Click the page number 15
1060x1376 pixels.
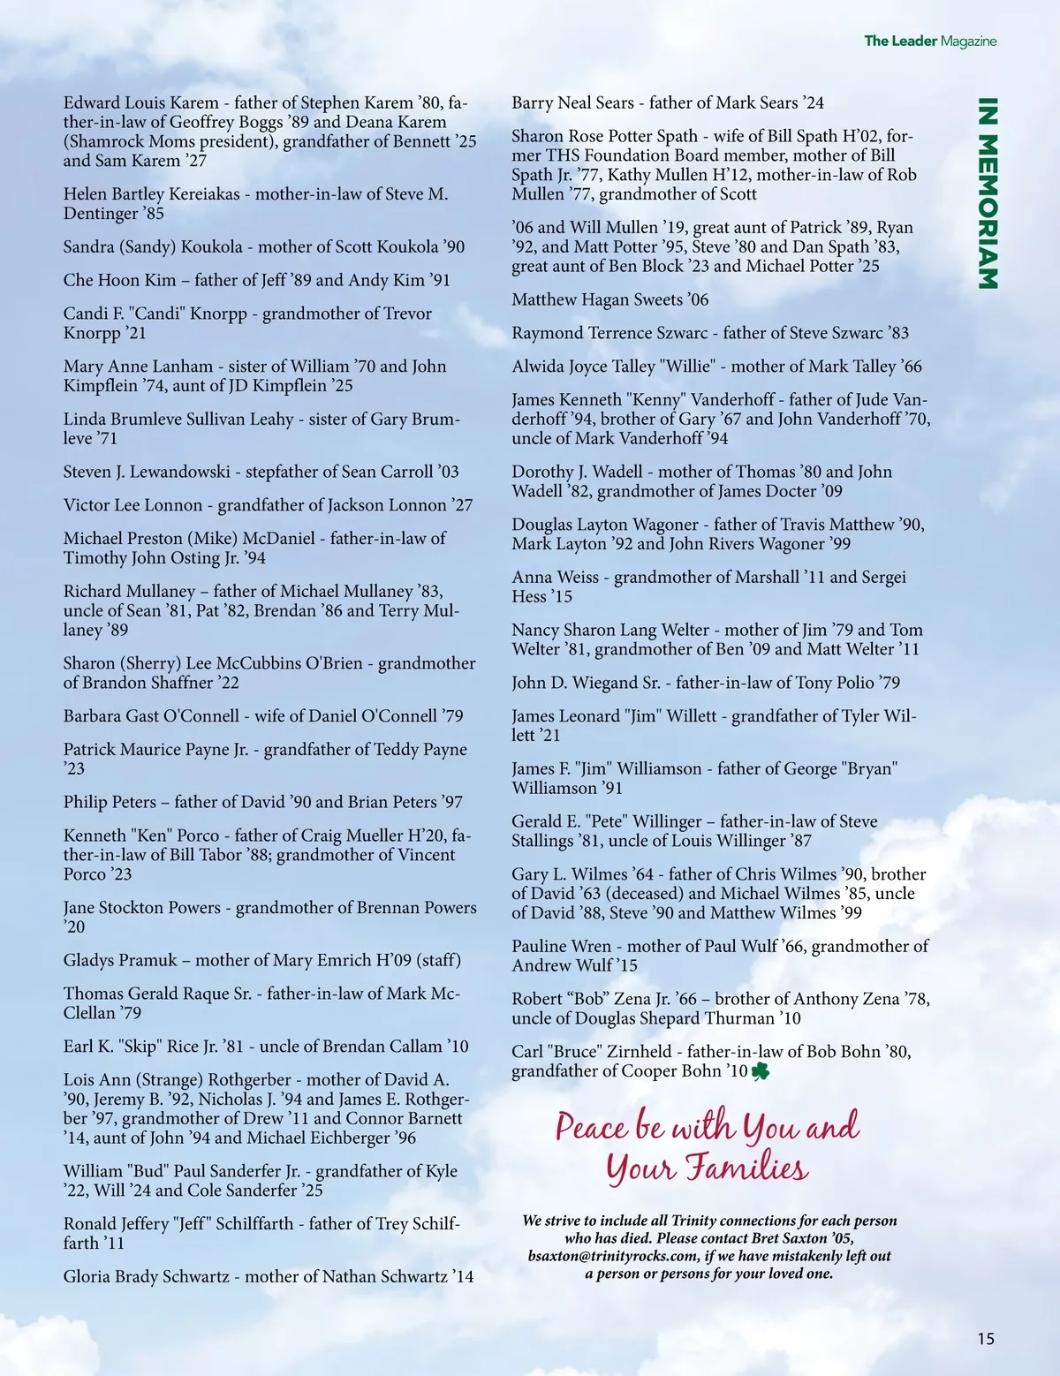point(986,1339)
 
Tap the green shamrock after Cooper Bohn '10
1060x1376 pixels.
point(761,1072)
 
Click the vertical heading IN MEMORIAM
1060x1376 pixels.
point(988,193)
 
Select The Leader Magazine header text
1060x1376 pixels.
point(929,41)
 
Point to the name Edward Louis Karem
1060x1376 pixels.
point(140,102)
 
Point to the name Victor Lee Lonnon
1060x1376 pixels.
point(132,505)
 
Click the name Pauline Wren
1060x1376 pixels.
point(561,946)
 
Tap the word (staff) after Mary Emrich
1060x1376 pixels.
point(438,960)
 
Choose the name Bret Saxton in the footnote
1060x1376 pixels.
point(781,1238)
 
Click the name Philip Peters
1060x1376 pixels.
point(110,802)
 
